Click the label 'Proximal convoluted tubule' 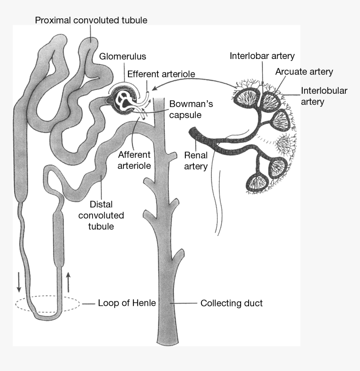[91, 20]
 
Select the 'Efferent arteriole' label [161, 74]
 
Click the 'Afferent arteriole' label [134, 160]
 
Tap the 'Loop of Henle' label [127, 303]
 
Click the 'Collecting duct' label [231, 303]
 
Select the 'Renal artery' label [196, 161]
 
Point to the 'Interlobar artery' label [262, 56]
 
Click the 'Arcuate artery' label [304, 72]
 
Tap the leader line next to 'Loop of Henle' [88, 303]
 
